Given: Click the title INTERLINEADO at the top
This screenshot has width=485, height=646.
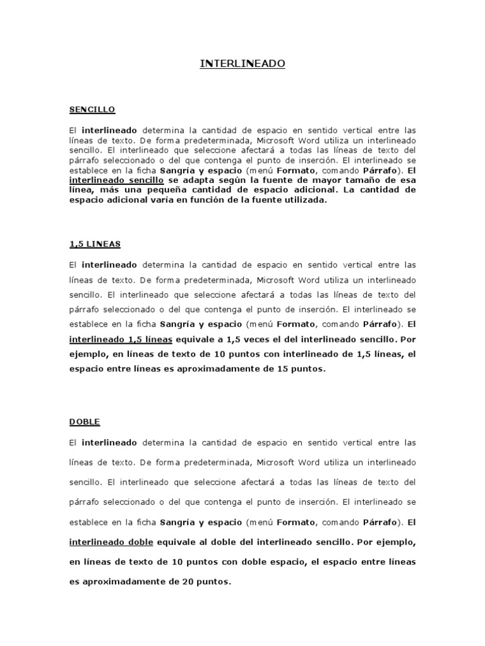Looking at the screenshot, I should tap(242, 64).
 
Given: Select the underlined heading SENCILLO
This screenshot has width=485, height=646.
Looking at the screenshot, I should tap(92, 110).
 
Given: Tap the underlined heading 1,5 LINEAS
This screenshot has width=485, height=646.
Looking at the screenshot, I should tap(95, 244).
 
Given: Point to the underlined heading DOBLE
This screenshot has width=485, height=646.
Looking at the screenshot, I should tap(85, 421).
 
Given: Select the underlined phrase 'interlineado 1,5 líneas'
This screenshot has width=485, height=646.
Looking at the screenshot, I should tap(121, 340).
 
